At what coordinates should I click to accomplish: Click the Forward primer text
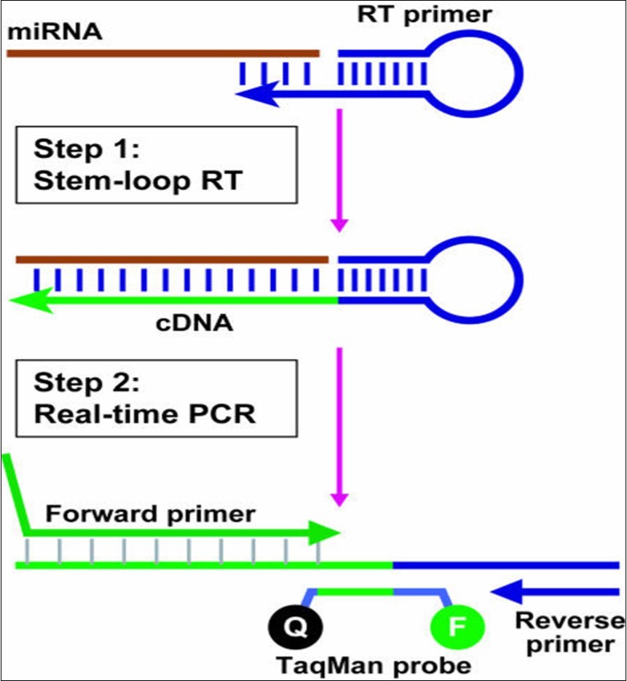[150, 513]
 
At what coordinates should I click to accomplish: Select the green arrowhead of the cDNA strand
[33, 299]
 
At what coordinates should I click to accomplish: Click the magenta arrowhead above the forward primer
[338, 498]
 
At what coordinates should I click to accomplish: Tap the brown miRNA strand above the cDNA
[172, 259]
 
